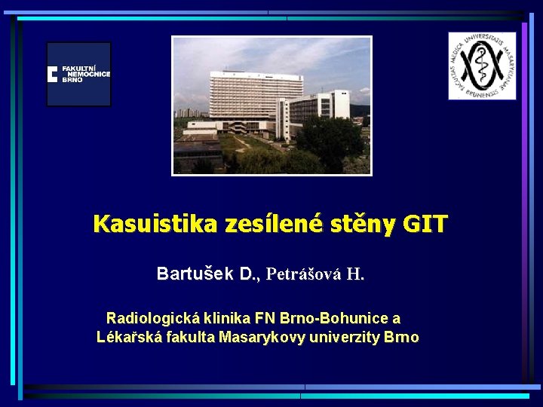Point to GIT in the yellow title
coord(425,224)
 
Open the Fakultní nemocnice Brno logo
coord(78,74)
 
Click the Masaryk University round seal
coord(482,66)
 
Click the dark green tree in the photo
coord(332,139)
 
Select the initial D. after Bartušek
coord(249,274)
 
